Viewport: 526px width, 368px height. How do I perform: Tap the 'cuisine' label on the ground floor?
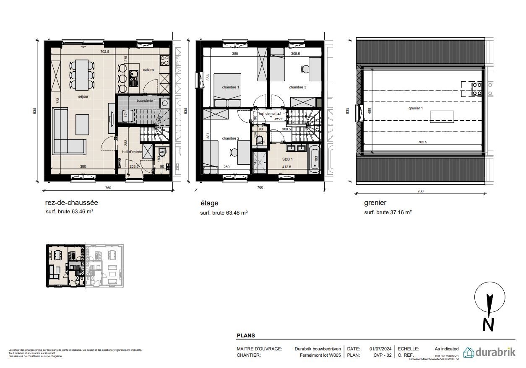pos(148,70)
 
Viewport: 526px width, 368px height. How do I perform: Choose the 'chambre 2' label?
pos(230,138)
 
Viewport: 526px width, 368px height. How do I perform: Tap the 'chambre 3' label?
pos(297,87)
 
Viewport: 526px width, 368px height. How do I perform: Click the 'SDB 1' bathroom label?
pos(287,159)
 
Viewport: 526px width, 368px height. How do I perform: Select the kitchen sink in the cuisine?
pos(134,78)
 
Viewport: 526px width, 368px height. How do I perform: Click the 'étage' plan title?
pos(209,203)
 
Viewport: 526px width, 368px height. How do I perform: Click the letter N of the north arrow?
pos(488,324)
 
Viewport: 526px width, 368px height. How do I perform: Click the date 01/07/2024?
pos(380,349)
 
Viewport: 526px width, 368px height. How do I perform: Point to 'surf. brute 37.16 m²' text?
pos(388,213)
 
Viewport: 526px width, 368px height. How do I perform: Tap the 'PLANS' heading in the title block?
pos(246,336)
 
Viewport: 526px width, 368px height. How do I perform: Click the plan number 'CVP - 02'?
pos(382,355)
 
